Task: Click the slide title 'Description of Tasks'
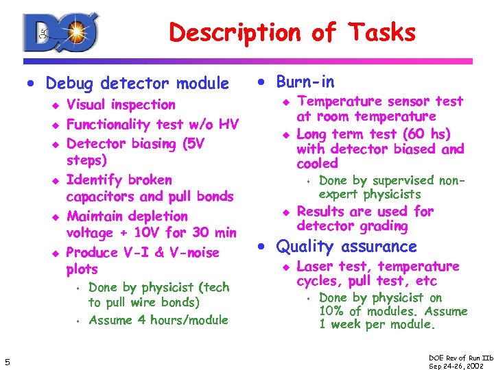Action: (x=292, y=32)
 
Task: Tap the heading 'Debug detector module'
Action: (x=137, y=84)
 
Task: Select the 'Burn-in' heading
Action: (x=305, y=82)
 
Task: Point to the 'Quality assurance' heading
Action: (x=346, y=247)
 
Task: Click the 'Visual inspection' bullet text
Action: (x=121, y=105)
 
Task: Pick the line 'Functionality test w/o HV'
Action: (x=152, y=125)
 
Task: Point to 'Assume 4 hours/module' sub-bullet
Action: (x=158, y=320)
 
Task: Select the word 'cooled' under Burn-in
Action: (x=317, y=164)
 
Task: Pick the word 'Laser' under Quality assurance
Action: (x=315, y=267)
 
